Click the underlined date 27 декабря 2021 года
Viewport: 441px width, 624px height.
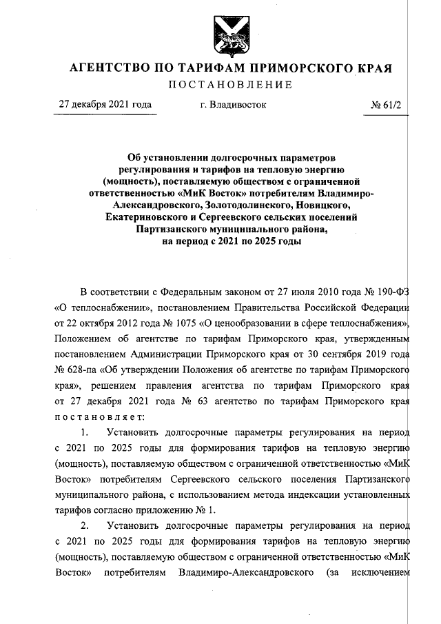105,105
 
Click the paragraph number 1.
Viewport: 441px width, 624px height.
85,433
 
